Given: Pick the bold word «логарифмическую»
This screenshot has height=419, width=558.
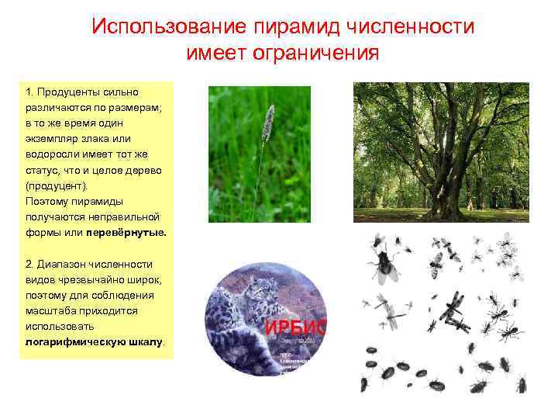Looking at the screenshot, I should click(68, 341).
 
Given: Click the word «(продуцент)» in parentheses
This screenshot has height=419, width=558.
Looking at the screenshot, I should click(57, 185).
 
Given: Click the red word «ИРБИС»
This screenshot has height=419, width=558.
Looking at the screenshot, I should click(295, 327).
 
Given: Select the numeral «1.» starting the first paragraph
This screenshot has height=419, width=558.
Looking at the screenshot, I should click(29, 92).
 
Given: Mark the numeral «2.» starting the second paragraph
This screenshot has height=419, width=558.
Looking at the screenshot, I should click(29, 264).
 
